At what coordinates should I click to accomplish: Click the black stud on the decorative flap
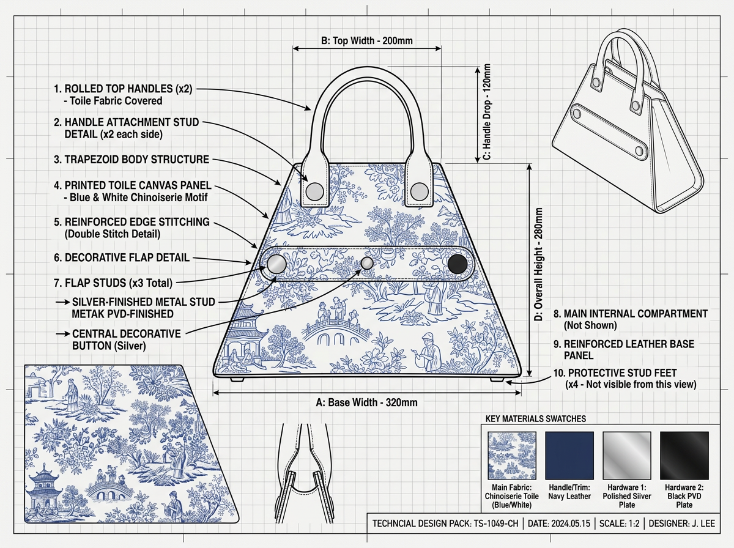(458, 264)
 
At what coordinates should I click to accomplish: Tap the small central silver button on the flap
(367, 263)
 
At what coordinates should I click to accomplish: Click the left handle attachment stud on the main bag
(314, 191)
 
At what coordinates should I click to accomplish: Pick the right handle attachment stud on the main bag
(419, 191)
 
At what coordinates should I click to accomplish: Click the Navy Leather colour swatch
(569, 455)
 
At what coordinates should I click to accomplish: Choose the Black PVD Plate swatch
(684, 455)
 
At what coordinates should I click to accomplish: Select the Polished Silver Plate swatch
(627, 455)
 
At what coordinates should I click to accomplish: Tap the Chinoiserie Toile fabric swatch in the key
(511, 455)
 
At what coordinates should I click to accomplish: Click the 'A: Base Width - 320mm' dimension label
(367, 402)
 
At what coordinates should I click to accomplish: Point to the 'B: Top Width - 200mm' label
(367, 41)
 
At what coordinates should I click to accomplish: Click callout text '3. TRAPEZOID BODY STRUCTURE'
(131, 160)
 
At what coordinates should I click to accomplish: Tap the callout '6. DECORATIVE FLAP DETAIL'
(121, 258)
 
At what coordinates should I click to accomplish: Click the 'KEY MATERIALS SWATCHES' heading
(535, 419)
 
